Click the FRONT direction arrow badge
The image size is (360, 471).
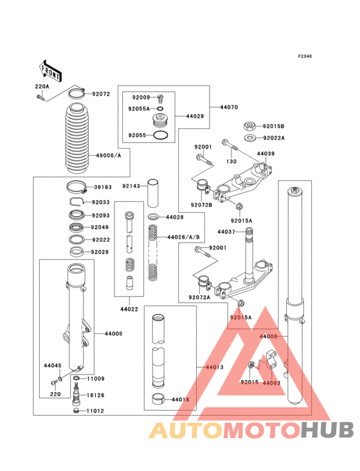pos(51,70)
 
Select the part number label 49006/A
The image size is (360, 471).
pos(109,156)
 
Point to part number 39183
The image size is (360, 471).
pos(103,187)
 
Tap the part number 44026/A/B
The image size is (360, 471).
pos(183,237)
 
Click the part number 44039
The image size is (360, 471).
pos(265,154)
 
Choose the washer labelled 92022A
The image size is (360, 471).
pos(249,138)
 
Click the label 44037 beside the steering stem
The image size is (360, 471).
pos(226,232)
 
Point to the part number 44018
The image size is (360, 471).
pos(181,400)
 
